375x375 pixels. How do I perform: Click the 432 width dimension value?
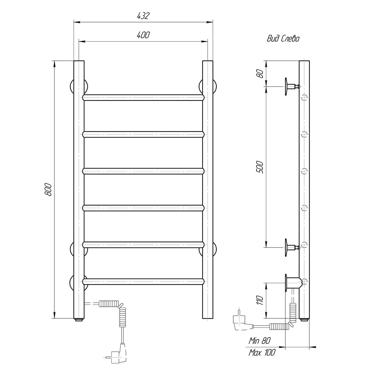[x=143, y=16]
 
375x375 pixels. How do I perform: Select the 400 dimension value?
[x=143, y=35]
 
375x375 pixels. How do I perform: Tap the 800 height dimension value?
[x=48, y=189]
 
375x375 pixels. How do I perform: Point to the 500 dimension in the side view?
[x=259, y=167]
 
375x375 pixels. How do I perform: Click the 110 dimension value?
[x=259, y=300]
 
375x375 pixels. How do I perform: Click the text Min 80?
[x=259, y=340]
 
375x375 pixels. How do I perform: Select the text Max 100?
[x=262, y=352]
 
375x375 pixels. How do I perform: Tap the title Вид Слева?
[x=283, y=39]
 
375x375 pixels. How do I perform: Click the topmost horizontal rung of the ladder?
[x=144, y=97]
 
